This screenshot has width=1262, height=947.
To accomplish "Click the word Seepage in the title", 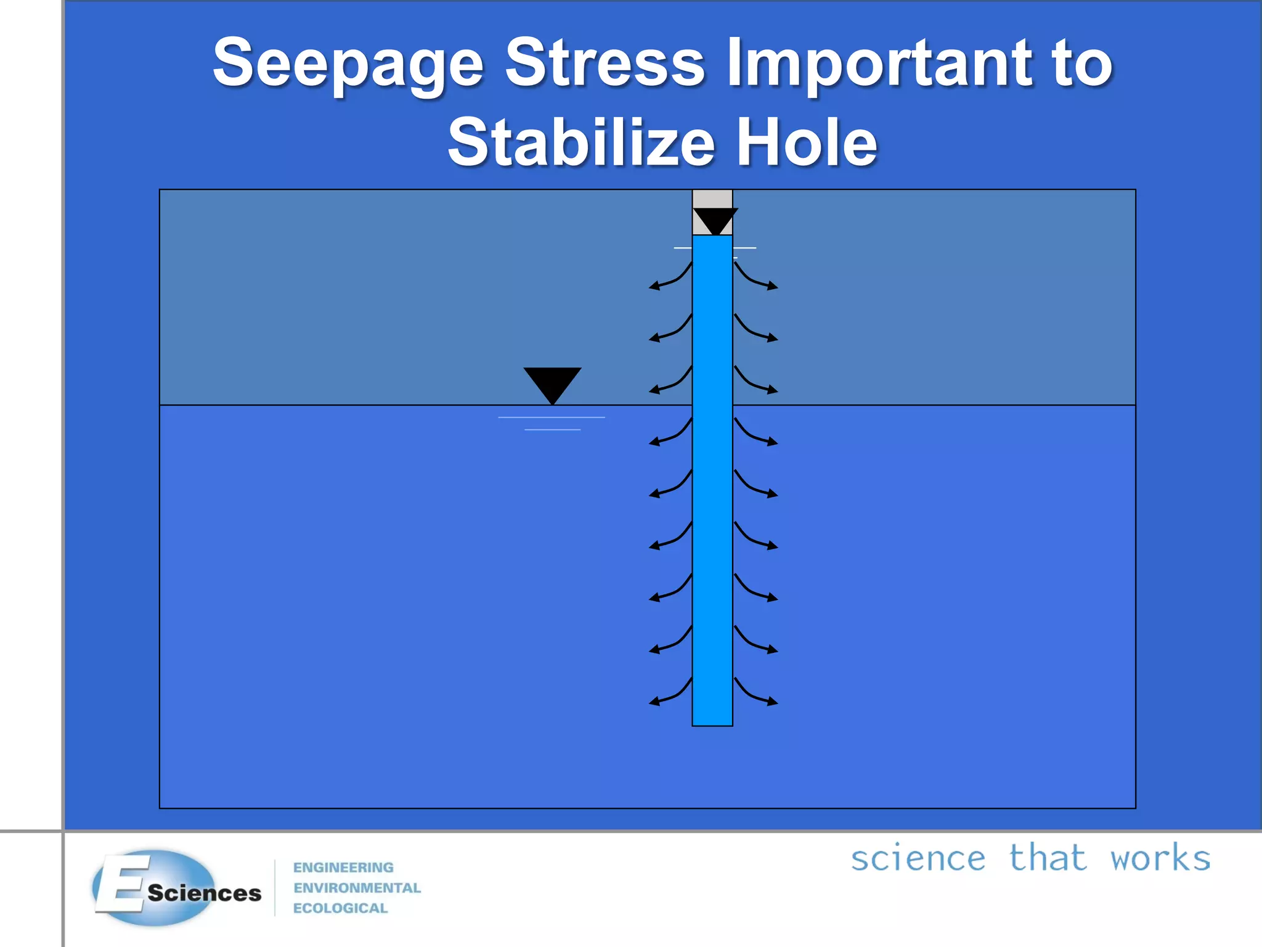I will pos(348,63).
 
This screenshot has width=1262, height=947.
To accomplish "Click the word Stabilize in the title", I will pos(581,143).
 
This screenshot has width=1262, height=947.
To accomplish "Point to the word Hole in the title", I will pos(807,143).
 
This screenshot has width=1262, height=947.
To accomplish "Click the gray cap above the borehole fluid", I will pos(712,199).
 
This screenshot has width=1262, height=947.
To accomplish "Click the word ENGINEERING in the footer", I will pos(343,867).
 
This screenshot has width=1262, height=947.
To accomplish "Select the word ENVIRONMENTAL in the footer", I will pos(357,888).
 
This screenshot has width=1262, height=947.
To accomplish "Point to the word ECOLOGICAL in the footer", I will pos(340,908).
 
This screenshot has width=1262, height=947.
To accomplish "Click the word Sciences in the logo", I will pos(204,893).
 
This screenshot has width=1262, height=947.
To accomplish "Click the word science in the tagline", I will pos(918,859).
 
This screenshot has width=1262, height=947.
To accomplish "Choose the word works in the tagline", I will pos(1160,859).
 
